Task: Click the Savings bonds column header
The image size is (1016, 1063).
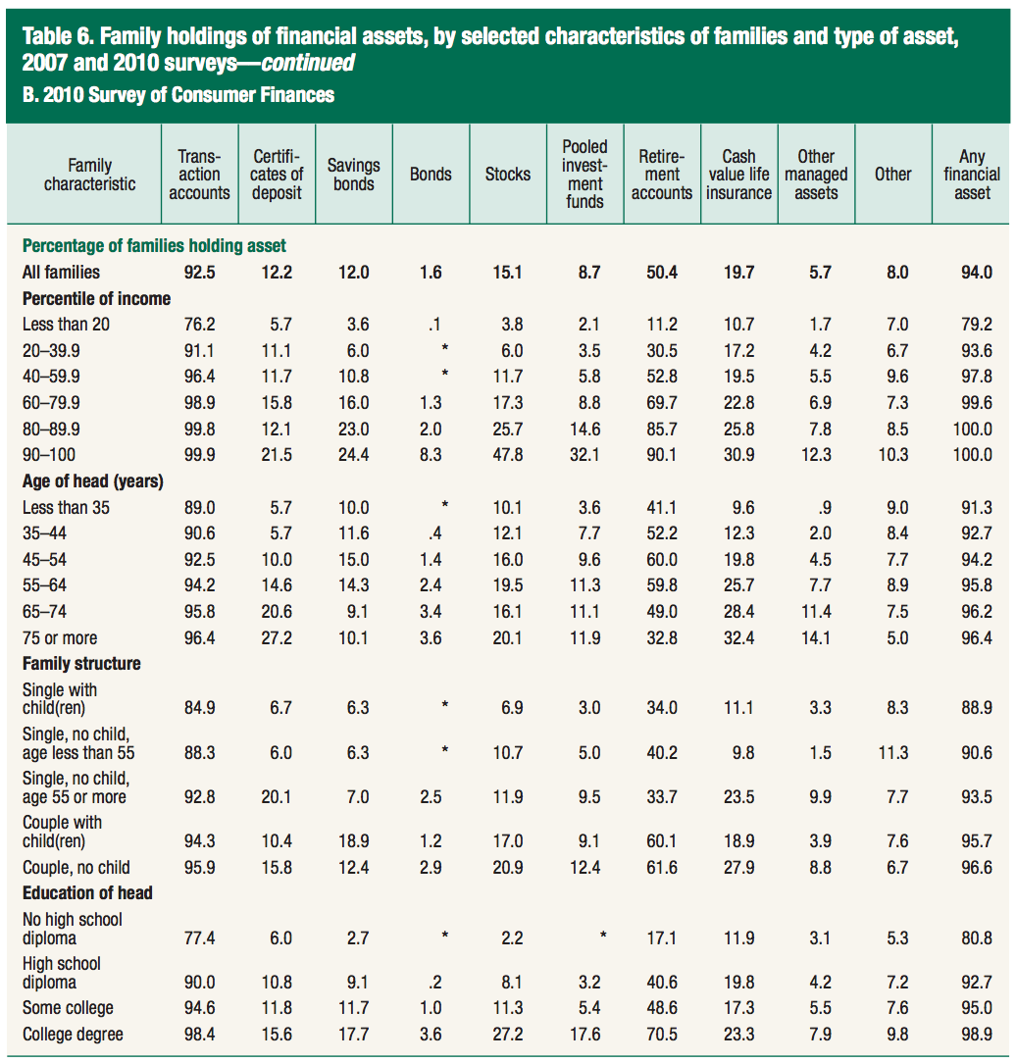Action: click(x=353, y=175)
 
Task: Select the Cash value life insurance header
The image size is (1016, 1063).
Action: click(x=738, y=175)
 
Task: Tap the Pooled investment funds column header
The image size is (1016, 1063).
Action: click(x=584, y=175)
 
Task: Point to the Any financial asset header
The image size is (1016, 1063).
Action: click(x=972, y=175)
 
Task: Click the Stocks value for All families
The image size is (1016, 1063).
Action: click(x=508, y=273)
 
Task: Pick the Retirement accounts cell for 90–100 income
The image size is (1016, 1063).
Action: click(x=662, y=455)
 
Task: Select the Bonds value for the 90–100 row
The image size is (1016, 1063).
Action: click(x=431, y=455)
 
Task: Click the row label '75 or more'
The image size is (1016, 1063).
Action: click(x=60, y=638)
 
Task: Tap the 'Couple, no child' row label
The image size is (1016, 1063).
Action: click(x=76, y=868)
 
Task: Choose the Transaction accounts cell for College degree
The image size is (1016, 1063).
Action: click(x=199, y=1035)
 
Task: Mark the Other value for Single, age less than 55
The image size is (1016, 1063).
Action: click(x=893, y=753)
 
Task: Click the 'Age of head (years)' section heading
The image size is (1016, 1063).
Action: click(x=93, y=481)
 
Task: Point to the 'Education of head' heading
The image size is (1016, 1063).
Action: click(x=87, y=892)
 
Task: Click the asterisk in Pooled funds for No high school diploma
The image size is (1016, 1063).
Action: click(x=603, y=936)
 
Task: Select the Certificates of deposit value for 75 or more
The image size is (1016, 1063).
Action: click(x=277, y=638)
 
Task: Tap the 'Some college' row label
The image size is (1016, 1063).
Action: click(x=68, y=1009)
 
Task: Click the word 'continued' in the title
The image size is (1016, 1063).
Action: click(x=308, y=63)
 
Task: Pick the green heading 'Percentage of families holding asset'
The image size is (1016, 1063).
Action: click(x=154, y=245)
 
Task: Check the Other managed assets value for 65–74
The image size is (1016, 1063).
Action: click(x=816, y=612)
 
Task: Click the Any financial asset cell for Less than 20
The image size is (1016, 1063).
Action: click(x=977, y=325)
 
